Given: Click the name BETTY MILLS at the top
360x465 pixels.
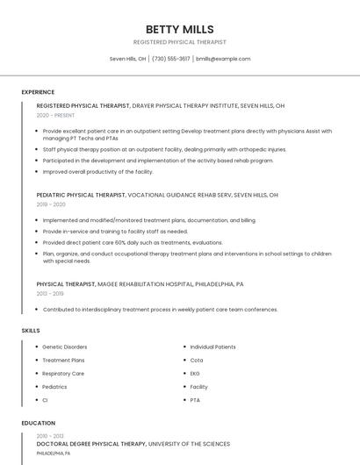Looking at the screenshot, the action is coord(179,29).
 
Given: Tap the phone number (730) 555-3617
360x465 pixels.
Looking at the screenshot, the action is coord(171,59).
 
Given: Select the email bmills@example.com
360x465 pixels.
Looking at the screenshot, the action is coord(223,59).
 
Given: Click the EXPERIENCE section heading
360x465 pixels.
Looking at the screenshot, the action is coord(38,92).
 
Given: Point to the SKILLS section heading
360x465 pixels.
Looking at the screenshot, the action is coord(31,330).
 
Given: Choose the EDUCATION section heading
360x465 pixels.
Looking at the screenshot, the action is coord(39,423).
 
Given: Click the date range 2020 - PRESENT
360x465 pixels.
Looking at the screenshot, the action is coord(56,115).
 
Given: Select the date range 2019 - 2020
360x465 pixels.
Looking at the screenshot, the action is coord(51,204).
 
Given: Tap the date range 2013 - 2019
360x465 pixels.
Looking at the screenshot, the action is coord(51,293).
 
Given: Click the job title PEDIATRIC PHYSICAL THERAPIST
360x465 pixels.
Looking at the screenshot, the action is coord(82,195).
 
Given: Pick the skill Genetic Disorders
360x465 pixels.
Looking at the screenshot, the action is coord(65,347).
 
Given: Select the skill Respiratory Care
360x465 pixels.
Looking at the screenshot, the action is coord(63,374).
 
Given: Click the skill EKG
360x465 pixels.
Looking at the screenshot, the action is coord(195,374).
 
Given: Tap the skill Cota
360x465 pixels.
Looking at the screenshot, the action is coord(196,361).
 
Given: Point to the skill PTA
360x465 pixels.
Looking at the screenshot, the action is coord(195,400).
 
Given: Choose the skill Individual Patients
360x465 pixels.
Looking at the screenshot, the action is coord(212,347).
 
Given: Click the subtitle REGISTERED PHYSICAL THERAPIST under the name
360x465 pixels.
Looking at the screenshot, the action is coord(179,42).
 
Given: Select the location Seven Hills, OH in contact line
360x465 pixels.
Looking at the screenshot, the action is coord(127,59).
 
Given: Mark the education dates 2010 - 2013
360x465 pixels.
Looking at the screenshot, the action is coord(51,435).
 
